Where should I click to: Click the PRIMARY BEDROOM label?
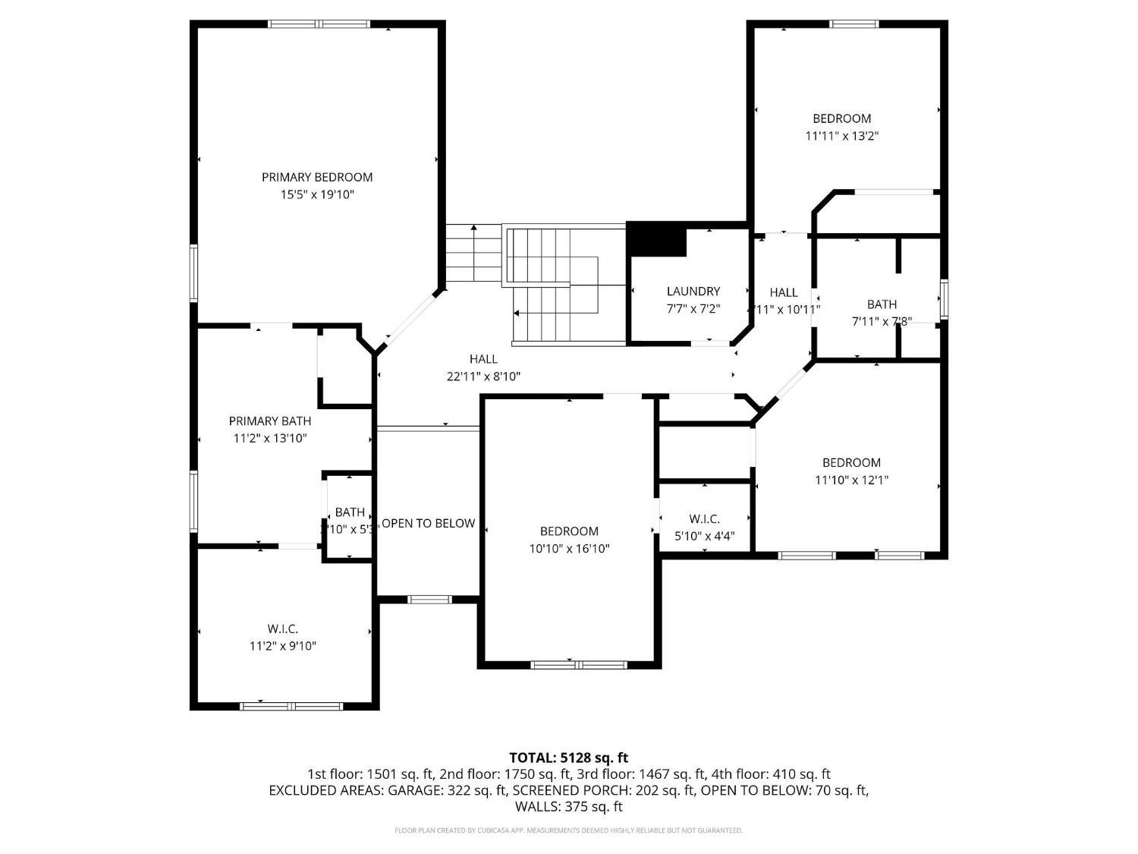tap(317, 177)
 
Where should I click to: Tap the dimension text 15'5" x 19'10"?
tap(317, 195)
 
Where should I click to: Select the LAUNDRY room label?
tap(693, 291)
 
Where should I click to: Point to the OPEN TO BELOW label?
tap(428, 524)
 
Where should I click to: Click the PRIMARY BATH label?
tap(270, 421)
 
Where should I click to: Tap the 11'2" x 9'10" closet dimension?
tap(282, 647)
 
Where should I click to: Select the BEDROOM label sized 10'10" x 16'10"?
tap(569, 531)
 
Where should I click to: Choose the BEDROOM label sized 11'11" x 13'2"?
tap(841, 118)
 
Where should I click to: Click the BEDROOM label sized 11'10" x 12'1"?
tap(851, 462)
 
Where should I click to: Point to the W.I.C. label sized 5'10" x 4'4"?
tap(704, 519)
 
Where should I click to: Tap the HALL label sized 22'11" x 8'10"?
tap(483, 359)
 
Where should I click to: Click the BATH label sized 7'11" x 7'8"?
tap(882, 304)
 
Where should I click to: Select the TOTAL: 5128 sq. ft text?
tap(568, 758)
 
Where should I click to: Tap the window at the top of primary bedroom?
tap(319, 24)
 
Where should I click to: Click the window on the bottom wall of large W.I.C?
tap(292, 706)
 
